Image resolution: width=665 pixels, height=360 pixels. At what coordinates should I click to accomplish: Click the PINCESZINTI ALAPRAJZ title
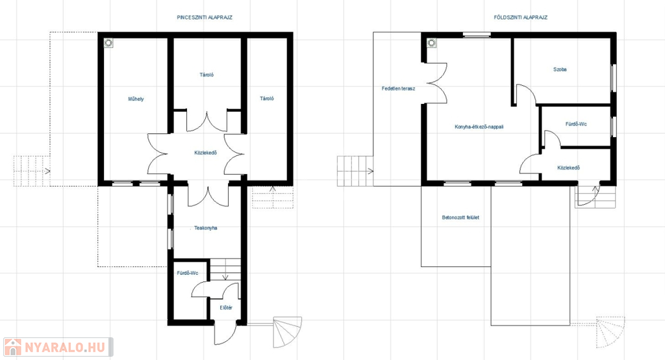click(x=205, y=18)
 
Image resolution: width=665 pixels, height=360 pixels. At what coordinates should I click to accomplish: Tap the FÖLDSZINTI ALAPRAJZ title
click(x=520, y=18)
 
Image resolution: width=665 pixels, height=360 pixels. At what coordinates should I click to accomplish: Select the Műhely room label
click(x=136, y=99)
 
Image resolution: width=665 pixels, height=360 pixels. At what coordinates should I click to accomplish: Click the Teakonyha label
click(x=206, y=228)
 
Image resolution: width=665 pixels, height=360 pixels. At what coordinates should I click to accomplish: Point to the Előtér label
click(x=226, y=308)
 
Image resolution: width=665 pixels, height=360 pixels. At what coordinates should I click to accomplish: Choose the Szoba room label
click(x=560, y=69)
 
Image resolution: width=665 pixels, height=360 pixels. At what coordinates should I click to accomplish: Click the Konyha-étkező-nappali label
click(x=479, y=127)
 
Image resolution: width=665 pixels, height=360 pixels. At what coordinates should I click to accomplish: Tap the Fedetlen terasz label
click(x=398, y=89)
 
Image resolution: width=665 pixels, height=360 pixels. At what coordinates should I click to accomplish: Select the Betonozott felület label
click(x=460, y=217)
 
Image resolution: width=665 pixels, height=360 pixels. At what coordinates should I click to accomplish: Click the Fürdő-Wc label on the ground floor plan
click(x=577, y=124)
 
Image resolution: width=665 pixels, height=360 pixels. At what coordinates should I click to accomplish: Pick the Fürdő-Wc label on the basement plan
click(x=188, y=273)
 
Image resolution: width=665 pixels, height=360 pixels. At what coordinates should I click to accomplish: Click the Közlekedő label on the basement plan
click(x=206, y=153)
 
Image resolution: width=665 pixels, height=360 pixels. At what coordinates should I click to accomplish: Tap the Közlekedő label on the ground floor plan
click(x=569, y=168)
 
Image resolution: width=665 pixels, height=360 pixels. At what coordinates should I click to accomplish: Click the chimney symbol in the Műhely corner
click(x=108, y=43)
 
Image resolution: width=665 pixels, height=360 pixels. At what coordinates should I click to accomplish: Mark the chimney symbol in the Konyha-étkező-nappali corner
click(x=432, y=43)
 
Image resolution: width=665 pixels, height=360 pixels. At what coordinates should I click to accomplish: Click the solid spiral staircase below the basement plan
click(x=288, y=332)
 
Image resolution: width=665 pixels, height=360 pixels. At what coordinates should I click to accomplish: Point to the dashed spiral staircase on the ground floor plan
click(x=610, y=332)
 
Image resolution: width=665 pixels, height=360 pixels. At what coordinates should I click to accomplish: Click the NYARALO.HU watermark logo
click(x=58, y=347)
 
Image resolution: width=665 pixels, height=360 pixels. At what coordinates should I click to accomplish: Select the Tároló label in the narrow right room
click(x=267, y=99)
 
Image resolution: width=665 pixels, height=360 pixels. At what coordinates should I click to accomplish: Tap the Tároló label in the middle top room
click(x=207, y=75)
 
